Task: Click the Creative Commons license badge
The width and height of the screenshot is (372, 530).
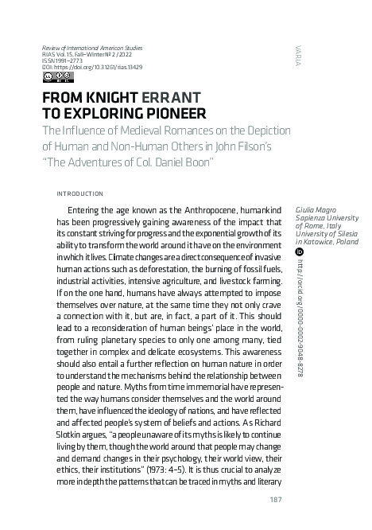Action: (x=54, y=77)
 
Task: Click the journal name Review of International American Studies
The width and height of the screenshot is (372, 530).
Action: (x=91, y=48)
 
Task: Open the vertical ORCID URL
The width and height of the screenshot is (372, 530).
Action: (x=300, y=318)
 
